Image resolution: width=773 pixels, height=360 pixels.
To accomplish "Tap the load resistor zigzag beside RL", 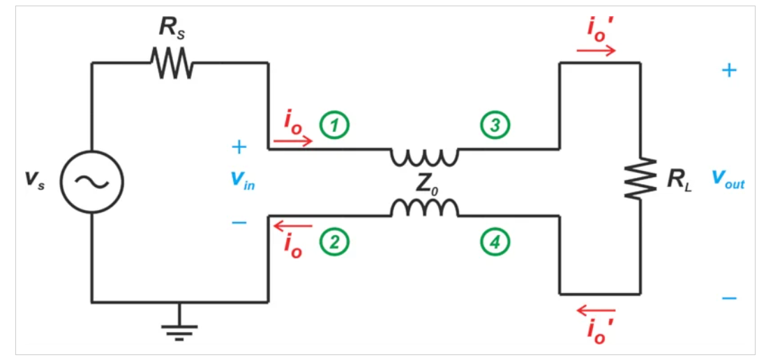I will coord(641,178).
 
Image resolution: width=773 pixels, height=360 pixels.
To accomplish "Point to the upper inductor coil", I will coord(424,156).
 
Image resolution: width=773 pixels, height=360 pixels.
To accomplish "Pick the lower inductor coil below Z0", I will coord(424,208).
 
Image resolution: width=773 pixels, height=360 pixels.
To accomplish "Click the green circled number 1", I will coord(334,125).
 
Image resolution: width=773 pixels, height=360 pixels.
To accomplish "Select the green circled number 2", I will coord(334,242).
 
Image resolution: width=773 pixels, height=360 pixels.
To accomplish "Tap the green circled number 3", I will coord(495,125).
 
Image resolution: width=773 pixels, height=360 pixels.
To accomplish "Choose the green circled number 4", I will coord(495,242).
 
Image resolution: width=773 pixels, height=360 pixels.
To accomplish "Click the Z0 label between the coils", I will coord(426,183).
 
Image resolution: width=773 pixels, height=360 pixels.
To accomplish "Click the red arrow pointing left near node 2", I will coord(292,225).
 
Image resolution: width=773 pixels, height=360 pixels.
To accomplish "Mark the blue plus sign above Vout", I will coord(728,70).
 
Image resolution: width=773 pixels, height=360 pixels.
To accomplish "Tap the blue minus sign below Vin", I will coord(239,223).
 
